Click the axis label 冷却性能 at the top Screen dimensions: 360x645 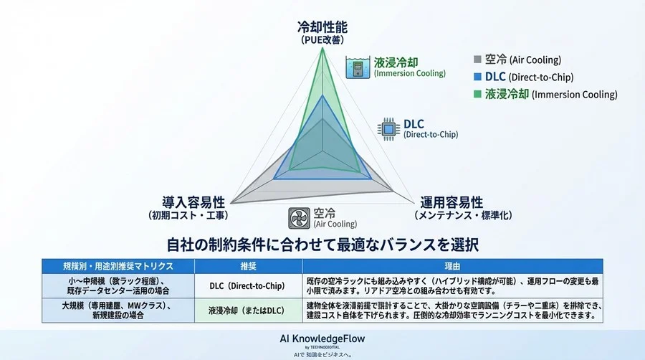point(322,27)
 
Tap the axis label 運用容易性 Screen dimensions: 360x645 point(451,202)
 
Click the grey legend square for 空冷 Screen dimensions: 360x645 point(478,60)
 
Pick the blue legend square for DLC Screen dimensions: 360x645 point(478,77)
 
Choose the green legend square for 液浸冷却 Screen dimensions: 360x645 point(478,94)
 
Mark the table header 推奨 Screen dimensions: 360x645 point(247,266)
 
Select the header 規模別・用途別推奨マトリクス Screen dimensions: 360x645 point(118,266)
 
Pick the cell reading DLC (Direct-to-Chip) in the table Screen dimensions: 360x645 point(247,286)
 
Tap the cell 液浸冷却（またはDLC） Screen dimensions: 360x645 point(247,311)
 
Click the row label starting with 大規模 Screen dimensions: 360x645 point(118,311)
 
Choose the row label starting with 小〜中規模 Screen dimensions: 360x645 point(118,286)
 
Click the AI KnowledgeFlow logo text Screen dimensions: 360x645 point(322,337)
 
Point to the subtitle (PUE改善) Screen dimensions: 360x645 point(322,42)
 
